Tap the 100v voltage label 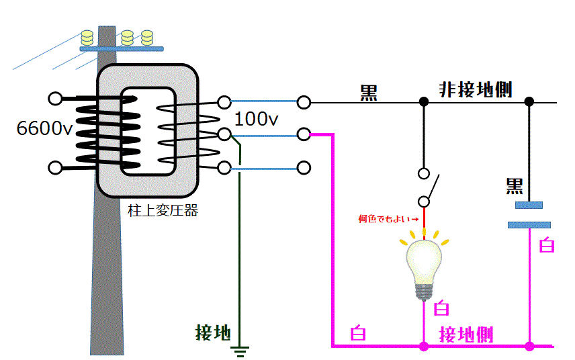256,120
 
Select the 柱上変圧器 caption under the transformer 163,210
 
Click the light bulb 424,265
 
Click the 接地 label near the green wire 213,332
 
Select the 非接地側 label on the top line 476,90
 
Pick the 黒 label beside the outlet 515,186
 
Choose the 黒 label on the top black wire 369,93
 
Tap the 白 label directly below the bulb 441,309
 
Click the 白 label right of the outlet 547,246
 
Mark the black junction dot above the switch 424,102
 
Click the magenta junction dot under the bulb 424,347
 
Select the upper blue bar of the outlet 529,205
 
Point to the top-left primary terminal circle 56,99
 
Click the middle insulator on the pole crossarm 126,37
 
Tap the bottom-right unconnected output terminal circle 304,167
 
